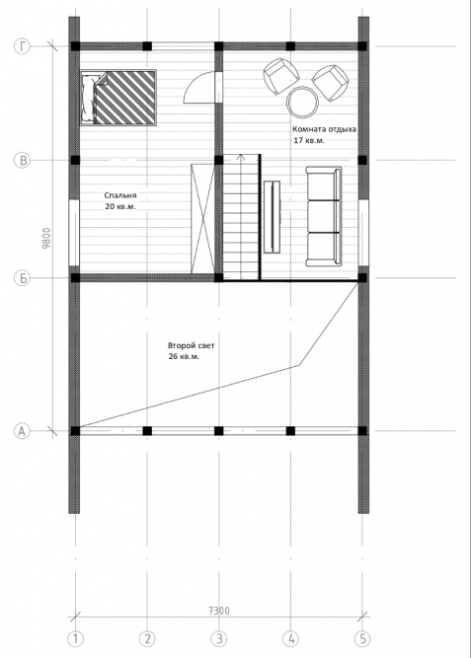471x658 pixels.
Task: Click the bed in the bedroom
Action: (x=118, y=97)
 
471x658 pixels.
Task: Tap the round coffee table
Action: (x=302, y=103)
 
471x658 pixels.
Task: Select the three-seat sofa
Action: (x=323, y=216)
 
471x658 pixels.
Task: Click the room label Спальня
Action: (x=120, y=195)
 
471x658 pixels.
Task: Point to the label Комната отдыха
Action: (x=324, y=129)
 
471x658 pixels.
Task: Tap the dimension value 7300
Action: (x=219, y=611)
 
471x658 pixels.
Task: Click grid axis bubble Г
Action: (x=23, y=46)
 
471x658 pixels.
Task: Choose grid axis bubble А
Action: (x=23, y=430)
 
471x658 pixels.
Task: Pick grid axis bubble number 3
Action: (x=219, y=639)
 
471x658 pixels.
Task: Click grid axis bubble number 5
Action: (x=362, y=639)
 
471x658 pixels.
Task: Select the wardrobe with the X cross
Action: (x=202, y=219)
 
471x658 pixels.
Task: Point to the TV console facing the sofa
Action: (x=272, y=216)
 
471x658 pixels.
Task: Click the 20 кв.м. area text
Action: (x=120, y=207)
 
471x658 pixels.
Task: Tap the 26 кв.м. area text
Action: (x=184, y=357)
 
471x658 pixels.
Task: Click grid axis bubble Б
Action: (x=23, y=278)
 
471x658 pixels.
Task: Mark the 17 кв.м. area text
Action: (x=309, y=141)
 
